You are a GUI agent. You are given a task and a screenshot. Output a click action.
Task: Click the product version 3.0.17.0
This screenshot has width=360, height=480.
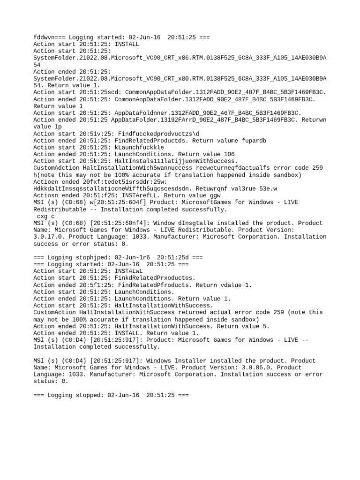[x=49, y=237]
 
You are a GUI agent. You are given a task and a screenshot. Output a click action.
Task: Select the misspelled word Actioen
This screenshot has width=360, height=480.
[x=46, y=181]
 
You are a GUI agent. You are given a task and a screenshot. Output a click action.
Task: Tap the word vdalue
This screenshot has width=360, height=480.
[x=232, y=285]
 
